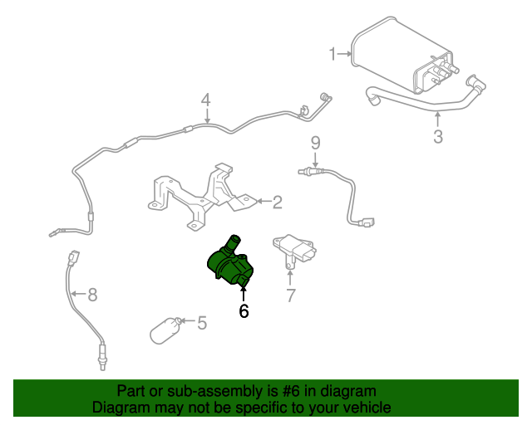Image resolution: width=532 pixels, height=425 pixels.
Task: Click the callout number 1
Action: pos(333,55)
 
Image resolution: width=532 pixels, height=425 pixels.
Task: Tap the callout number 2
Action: pos(278,201)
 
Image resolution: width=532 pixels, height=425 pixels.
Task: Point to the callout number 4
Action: pos(206,100)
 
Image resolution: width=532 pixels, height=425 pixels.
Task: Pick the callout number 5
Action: pos(201,322)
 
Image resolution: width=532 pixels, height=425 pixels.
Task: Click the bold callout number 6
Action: pos(244,311)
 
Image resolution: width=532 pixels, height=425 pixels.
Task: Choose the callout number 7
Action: pos(291,295)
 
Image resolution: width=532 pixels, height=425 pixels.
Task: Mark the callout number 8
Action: pos(92,294)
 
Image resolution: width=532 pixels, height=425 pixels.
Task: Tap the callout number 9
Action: pos(316,143)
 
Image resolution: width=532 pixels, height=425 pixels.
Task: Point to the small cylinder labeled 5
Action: pos(166,329)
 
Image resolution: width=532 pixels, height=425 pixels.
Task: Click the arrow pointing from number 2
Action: pos(261,201)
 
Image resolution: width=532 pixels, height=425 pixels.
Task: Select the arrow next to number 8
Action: pos(77,294)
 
